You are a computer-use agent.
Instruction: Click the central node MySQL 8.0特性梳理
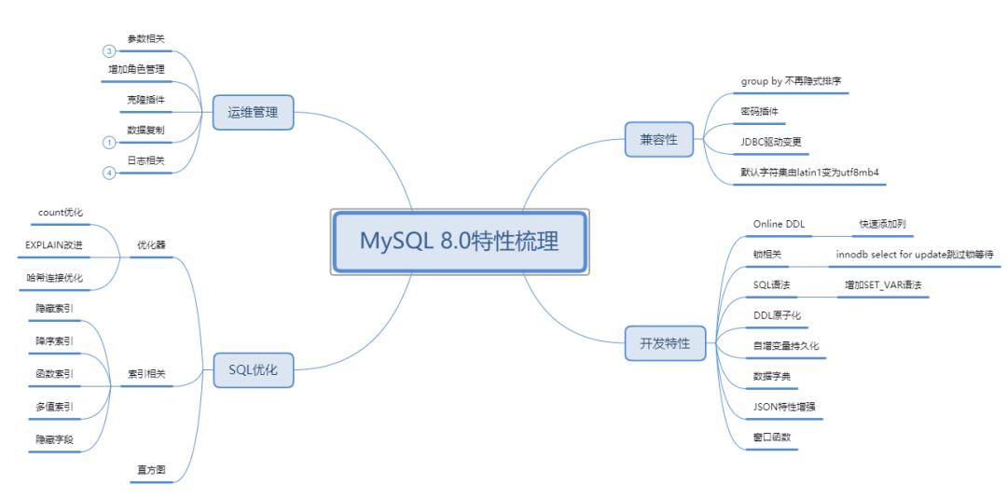[460, 243]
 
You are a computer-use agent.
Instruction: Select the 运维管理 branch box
[253, 113]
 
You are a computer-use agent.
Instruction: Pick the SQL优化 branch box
[253, 369]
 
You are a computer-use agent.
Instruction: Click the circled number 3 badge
[108, 50]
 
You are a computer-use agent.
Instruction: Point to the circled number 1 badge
[108, 142]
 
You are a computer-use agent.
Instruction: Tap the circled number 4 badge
[108, 173]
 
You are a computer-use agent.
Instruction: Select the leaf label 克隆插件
[145, 99]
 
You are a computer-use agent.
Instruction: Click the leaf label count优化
[62, 213]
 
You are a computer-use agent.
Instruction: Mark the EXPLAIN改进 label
[55, 244]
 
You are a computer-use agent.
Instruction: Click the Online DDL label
[779, 224]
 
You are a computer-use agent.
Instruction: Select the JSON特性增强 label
[784, 406]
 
